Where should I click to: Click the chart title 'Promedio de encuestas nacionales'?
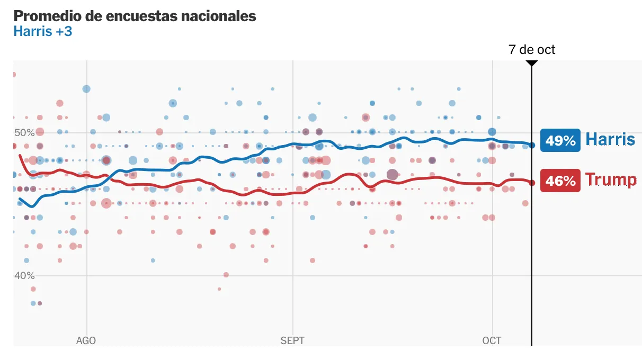click(x=135, y=16)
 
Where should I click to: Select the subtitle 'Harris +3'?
click(x=42, y=32)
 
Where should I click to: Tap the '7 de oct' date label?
click(x=532, y=50)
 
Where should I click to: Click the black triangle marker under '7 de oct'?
click(x=532, y=64)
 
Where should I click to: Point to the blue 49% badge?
click(x=560, y=140)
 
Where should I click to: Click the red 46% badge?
click(x=560, y=181)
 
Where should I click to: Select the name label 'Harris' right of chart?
click(x=610, y=139)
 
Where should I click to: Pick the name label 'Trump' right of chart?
click(x=611, y=180)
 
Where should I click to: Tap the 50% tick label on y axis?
click(x=24, y=132)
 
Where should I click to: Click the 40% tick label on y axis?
click(x=24, y=275)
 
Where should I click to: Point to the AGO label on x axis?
click(x=86, y=340)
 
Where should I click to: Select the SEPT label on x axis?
click(x=292, y=340)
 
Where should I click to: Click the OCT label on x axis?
click(x=492, y=340)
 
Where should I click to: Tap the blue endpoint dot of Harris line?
click(x=532, y=145)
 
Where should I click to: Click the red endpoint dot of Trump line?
click(x=532, y=183)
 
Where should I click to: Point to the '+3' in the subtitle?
click(x=64, y=32)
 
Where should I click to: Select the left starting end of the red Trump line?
click(x=20, y=156)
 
